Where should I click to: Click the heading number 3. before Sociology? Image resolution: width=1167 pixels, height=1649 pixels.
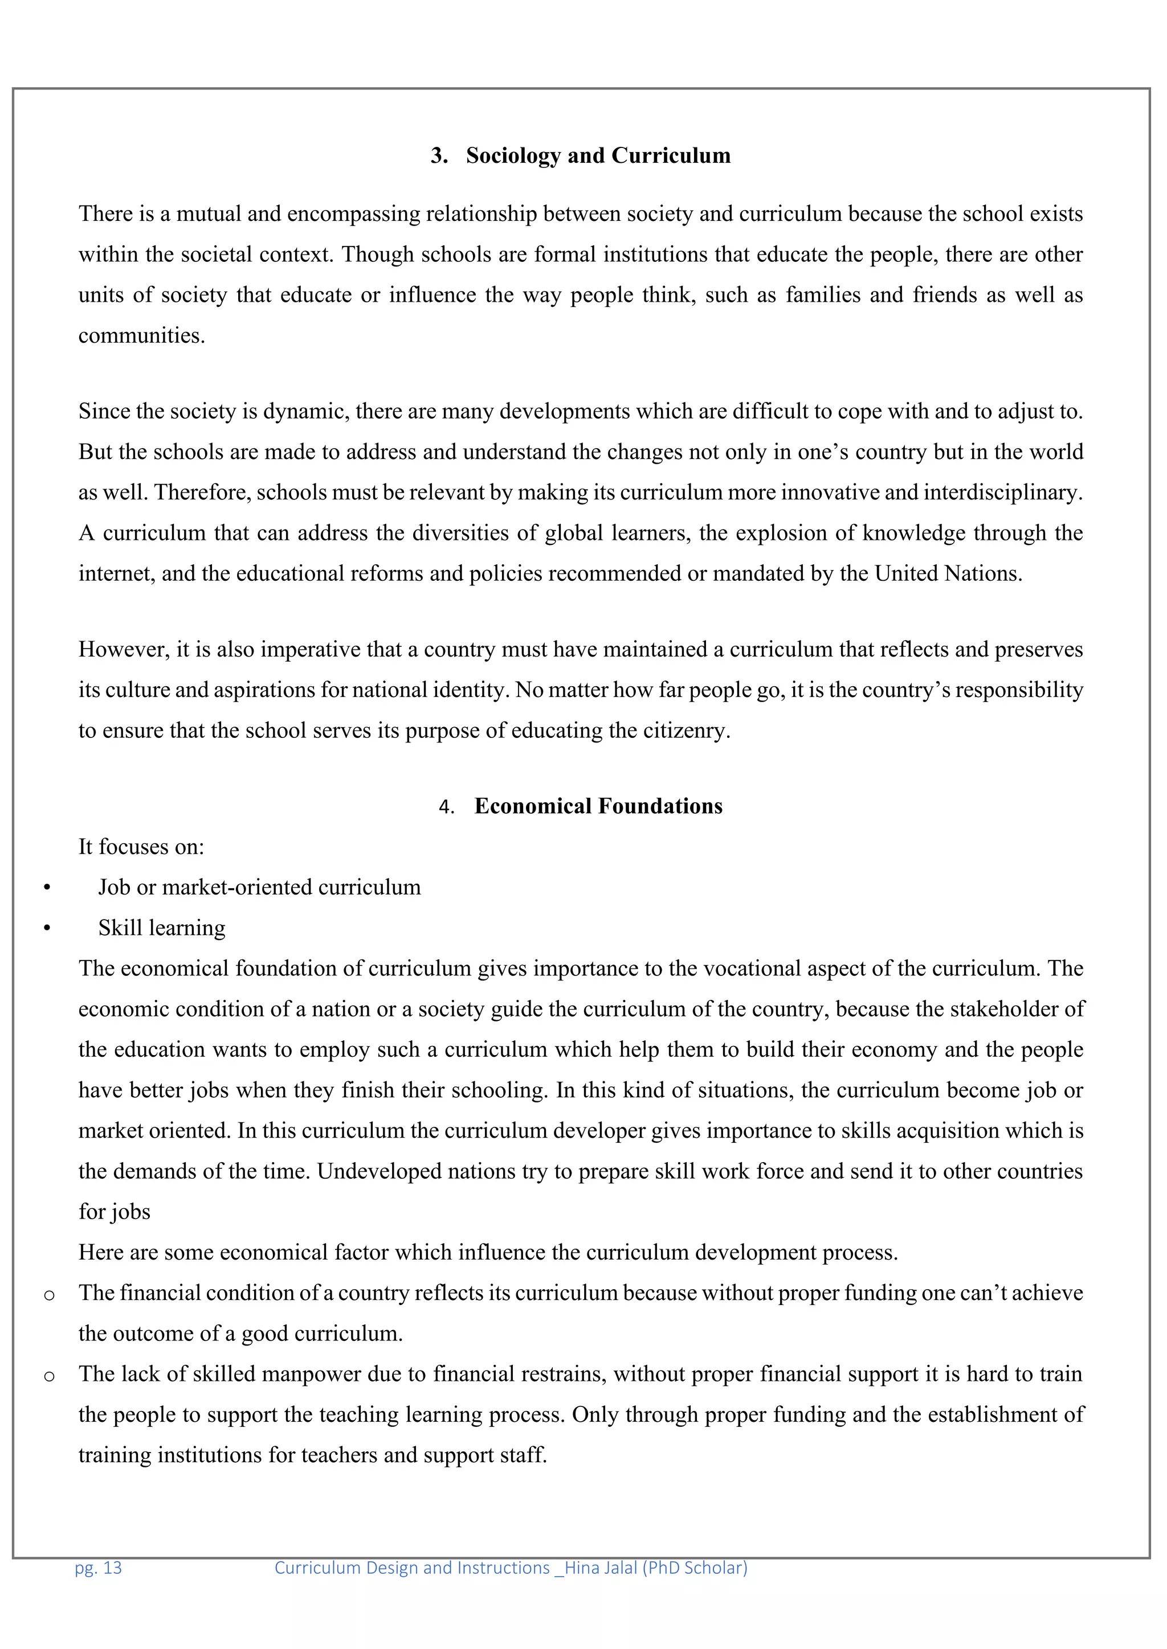[x=439, y=156]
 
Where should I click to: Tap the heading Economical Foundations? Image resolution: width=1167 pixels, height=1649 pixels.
[x=598, y=806]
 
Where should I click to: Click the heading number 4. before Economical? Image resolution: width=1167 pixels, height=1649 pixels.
[x=446, y=807]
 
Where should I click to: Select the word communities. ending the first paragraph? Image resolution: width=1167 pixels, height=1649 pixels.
[x=141, y=335]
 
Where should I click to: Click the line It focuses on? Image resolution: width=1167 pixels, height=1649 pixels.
[x=141, y=847]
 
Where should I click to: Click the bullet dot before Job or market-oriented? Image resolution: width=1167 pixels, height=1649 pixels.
[x=47, y=888]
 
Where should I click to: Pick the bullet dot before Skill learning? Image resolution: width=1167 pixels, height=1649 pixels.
[x=47, y=929]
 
